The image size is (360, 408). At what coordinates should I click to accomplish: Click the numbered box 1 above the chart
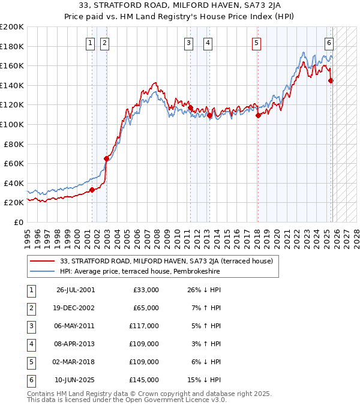[89, 43]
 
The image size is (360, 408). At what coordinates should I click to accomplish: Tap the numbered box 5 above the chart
[256, 43]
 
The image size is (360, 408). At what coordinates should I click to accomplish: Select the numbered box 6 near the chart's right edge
[329, 43]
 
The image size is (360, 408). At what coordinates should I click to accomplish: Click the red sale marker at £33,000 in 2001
[92, 190]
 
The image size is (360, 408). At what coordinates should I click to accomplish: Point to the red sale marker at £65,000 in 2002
[106, 158]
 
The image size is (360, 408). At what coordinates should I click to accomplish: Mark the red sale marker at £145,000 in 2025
[331, 80]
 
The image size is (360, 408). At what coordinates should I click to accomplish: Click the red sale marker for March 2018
[258, 116]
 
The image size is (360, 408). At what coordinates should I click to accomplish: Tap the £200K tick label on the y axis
[12, 27]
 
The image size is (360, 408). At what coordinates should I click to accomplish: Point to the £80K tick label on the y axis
[14, 144]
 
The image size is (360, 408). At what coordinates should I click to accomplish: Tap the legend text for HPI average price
[140, 271]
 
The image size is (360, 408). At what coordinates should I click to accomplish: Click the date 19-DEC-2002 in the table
[76, 308]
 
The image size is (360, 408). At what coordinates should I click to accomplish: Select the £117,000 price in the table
[146, 326]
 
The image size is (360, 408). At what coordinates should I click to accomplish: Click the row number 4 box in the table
[29, 344]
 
